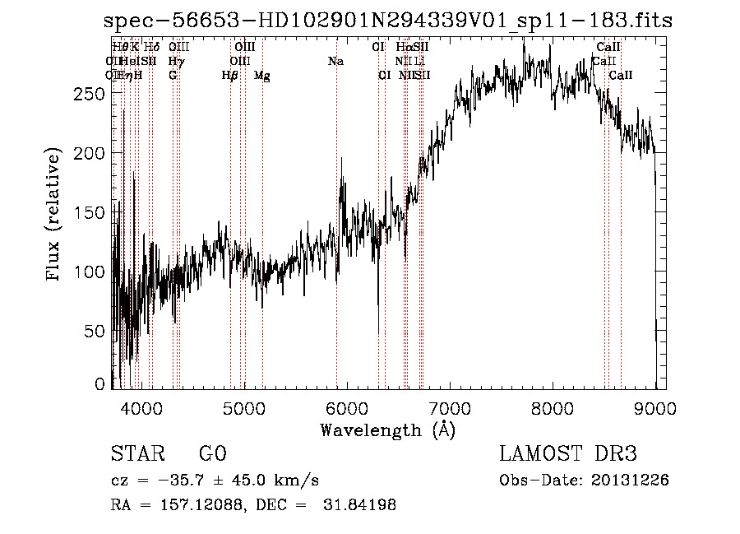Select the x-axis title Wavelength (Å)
click(387, 430)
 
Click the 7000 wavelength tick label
click(450, 409)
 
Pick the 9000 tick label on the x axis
click(655, 409)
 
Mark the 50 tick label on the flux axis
click(96, 331)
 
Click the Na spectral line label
click(335, 62)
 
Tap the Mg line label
click(261, 76)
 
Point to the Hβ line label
click(230, 76)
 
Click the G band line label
click(173, 76)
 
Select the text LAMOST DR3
click(568, 454)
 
